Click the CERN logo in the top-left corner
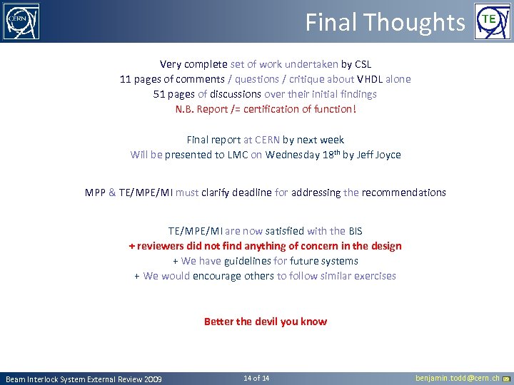pos(21,21)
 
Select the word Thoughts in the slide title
pos(425,23)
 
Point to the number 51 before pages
pos(159,94)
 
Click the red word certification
pos(271,109)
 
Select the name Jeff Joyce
pos(378,155)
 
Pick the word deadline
pos(249,192)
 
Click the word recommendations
pos(403,192)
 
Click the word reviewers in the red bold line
pos(160,246)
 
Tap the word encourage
pos(216,276)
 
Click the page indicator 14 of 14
pos(256,378)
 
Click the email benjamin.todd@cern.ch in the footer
pos(457,378)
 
